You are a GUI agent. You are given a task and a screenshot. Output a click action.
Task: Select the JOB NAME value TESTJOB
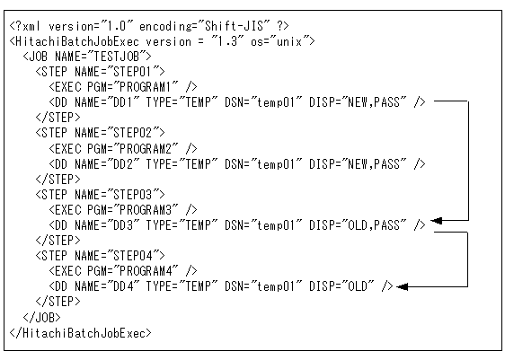[116, 57]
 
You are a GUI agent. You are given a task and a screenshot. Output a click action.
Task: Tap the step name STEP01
[133, 72]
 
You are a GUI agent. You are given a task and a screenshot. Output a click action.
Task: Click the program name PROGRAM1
[146, 87]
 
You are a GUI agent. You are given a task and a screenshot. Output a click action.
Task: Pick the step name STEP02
[133, 133]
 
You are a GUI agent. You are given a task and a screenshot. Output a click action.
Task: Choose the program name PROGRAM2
[146, 149]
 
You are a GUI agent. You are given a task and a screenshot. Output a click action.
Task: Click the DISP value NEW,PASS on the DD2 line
[374, 164]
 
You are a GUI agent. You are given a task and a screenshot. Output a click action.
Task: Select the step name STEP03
[133, 195]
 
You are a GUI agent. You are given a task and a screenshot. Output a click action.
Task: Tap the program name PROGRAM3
[146, 210]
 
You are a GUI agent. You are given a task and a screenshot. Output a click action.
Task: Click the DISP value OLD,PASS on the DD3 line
[374, 225]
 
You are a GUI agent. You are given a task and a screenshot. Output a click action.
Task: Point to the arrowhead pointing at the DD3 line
[436, 221]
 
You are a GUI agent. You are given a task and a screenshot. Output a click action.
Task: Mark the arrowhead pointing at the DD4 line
[402, 286]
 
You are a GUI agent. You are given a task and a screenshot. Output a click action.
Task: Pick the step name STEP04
[133, 256]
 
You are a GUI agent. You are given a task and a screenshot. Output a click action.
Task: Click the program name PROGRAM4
[146, 271]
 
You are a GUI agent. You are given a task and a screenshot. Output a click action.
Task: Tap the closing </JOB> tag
[41, 317]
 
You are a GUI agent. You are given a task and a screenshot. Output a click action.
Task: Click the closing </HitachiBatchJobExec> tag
[81, 333]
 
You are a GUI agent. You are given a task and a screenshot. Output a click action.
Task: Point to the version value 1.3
[227, 41]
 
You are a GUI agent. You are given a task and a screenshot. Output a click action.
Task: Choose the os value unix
[289, 41]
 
